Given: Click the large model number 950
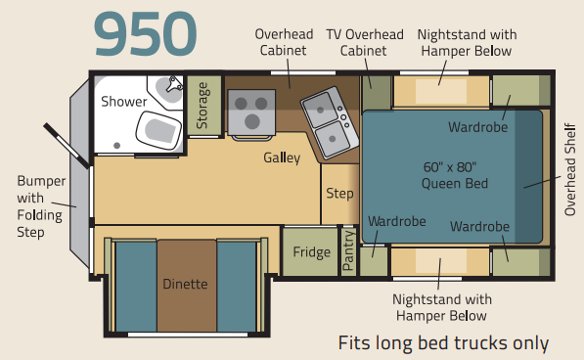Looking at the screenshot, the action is click(x=145, y=34).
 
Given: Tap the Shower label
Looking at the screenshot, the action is click(x=124, y=102).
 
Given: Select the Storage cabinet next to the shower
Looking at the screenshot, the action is click(x=204, y=106).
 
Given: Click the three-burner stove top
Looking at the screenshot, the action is click(x=251, y=112).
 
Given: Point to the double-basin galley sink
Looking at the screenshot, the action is click(x=330, y=122).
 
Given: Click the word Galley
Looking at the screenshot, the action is click(x=282, y=157).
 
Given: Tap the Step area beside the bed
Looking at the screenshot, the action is click(x=340, y=194).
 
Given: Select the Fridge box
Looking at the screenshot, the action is click(x=311, y=252).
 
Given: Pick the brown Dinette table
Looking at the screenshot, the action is click(x=187, y=286).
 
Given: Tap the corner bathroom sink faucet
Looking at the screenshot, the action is click(x=174, y=84).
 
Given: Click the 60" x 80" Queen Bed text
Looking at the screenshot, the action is click(x=455, y=175).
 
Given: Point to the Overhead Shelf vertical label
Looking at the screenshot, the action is click(x=570, y=169).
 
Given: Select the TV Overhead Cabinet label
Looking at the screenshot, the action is click(x=365, y=42).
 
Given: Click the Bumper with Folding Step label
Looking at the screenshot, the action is click(x=41, y=206).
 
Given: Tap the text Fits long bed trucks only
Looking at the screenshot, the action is click(x=443, y=342).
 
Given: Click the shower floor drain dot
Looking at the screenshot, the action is click(x=117, y=146).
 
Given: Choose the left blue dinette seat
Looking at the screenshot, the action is click(x=136, y=286).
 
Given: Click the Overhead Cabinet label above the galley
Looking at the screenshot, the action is click(x=284, y=42).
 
